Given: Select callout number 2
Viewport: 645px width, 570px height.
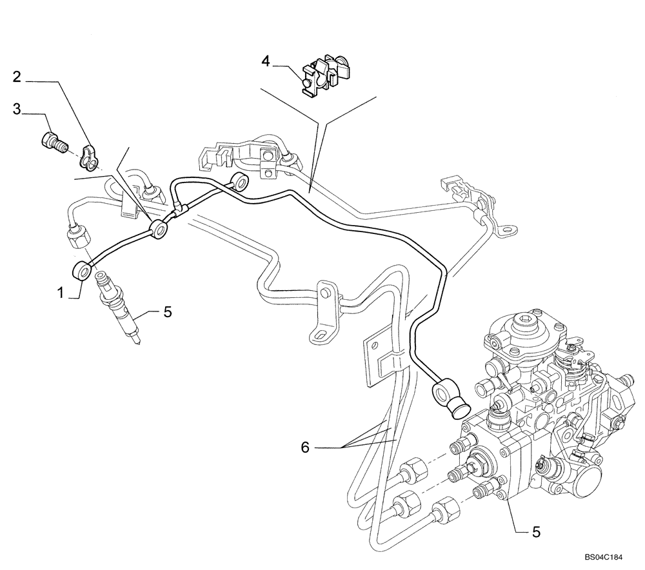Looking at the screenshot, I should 17,77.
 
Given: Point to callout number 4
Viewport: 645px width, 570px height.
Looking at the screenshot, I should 265,61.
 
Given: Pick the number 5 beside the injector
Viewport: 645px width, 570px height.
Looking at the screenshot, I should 167,312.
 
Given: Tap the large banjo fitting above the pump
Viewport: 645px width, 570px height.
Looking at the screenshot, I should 447,394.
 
